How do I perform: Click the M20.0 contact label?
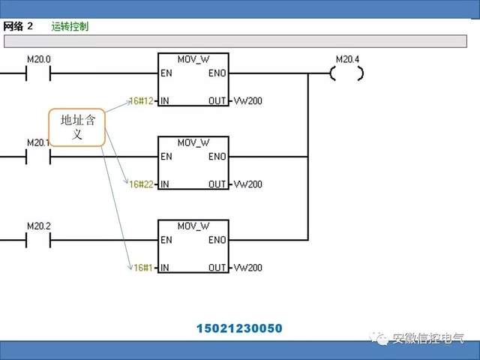38,58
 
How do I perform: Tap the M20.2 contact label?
38,225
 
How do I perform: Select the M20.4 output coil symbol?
346,73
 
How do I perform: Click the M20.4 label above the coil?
346,58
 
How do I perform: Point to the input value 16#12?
140,100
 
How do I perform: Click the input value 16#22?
140,184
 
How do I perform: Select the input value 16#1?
142,267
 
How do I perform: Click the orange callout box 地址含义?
76,128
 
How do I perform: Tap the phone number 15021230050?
240,328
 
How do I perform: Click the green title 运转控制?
70,26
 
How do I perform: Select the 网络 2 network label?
19,26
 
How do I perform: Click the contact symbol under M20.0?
38,73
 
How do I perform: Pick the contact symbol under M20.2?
38,240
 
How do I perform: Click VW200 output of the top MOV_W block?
247,100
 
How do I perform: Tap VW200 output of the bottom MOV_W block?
247,267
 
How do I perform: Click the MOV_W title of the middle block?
193,142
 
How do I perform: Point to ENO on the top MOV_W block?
217,73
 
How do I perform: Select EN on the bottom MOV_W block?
166,240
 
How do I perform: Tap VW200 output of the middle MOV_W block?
247,184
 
